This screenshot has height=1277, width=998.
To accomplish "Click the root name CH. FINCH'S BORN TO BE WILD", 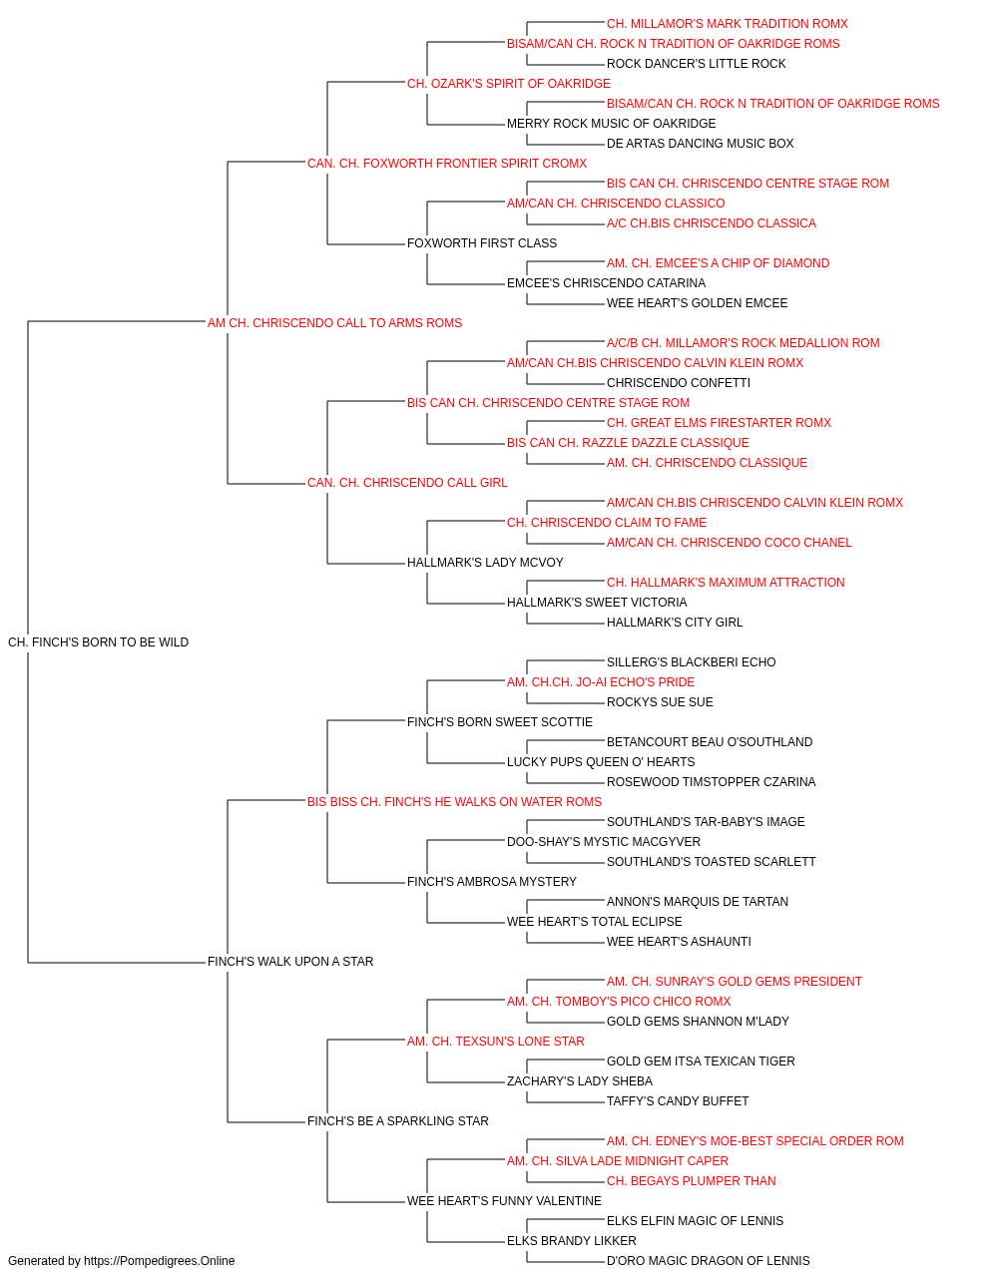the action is coord(98,642).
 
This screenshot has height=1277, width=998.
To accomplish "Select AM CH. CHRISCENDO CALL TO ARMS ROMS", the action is coord(334,323).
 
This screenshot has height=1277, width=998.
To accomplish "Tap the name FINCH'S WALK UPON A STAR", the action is coord(290,962).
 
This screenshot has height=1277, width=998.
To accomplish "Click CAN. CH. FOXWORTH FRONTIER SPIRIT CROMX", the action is coord(447,164).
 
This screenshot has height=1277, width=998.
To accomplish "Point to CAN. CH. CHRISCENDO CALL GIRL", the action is coord(407,483).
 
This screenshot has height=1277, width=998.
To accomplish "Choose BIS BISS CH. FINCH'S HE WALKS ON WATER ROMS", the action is coord(454,801).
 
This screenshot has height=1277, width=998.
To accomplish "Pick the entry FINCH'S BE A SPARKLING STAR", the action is coord(398,1120).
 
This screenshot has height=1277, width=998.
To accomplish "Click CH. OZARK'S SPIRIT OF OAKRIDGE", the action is coord(508,84).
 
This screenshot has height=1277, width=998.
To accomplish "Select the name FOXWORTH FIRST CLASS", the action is coord(482,243).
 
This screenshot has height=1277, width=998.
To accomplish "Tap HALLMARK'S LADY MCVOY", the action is coord(485,563).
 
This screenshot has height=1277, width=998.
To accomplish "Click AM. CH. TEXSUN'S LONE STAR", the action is coord(495,1042).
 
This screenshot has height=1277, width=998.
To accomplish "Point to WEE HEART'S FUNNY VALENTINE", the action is coord(504,1200).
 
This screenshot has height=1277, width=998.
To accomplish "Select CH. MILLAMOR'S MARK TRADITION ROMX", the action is coord(728,24).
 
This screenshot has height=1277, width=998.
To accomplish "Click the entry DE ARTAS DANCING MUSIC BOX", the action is coord(700,144).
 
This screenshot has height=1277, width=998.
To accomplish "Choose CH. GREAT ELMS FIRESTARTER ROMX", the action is coord(719,423).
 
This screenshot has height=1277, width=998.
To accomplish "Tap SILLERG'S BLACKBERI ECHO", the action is coord(692,662).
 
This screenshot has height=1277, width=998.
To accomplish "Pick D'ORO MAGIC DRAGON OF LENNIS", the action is coord(709,1261).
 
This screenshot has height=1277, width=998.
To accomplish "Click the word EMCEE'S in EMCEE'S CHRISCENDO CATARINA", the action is coord(533,283).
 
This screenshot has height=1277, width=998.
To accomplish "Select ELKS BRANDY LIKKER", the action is coord(571,1240).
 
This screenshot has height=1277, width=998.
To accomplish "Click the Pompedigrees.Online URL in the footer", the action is coord(159,1261).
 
